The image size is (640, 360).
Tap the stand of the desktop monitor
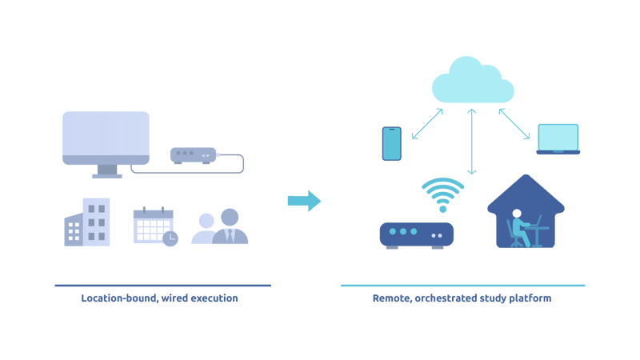point(106,171)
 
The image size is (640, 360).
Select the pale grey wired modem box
point(193,154)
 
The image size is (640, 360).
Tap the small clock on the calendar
point(170,238)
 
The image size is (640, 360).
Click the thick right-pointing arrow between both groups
point(304,201)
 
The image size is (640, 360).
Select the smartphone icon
point(391,143)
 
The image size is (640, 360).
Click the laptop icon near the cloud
point(558,138)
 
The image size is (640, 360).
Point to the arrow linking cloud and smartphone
point(427,124)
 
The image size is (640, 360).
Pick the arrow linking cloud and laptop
point(514,124)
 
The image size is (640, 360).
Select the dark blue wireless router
point(416,234)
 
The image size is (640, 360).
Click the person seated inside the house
point(520,228)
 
